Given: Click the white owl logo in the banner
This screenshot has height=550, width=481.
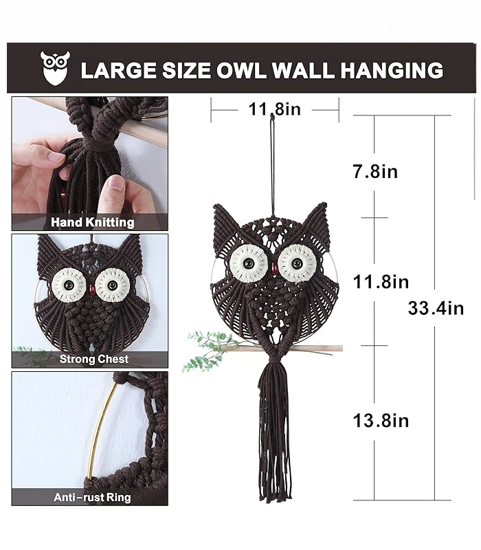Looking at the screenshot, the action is pos(55,67).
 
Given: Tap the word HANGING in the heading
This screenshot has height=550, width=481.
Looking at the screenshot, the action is pos(392,70).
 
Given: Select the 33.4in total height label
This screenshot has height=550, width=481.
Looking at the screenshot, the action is pos(436,308).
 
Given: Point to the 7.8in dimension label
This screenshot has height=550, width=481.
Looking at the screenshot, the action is pos(375,171).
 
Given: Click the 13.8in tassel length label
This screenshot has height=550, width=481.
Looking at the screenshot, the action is pos(381,420).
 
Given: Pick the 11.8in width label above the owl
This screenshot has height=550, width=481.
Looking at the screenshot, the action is pos(274,109).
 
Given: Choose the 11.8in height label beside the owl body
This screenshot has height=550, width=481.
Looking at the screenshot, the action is pos(381,282).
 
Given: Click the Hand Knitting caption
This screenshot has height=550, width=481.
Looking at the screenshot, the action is pos(93,222).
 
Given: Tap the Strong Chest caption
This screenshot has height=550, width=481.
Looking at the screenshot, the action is pos(94,359).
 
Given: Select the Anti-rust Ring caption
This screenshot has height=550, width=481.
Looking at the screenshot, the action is pos(92,497).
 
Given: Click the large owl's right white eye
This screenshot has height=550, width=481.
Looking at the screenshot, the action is pos(298,263).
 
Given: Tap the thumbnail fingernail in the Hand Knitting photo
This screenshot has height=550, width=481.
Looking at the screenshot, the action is pos(113,185).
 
